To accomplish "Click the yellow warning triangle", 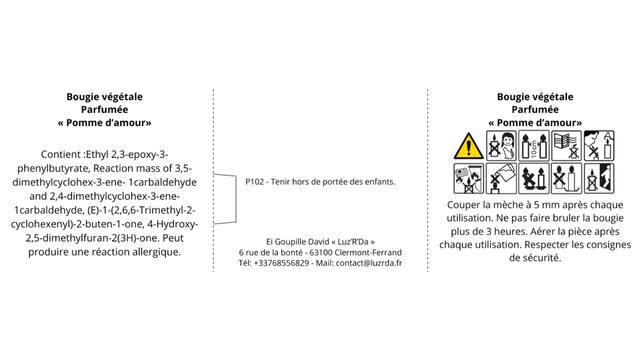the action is coord(469,146).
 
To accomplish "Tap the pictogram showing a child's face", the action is coord(501,146).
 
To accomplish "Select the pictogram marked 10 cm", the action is coord(534,146).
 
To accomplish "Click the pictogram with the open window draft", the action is coord(567,146).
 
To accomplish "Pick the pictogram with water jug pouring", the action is coord(501,178).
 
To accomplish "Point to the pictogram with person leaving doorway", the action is coord(599,178).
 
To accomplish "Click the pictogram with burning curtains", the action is coord(469,178).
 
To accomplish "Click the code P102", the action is coord(255,182).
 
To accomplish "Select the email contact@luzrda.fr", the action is coord(369,263).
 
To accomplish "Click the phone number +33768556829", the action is coord(281,263).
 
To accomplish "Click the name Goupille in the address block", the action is coord(290,242).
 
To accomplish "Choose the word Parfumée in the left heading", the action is coord(104,109).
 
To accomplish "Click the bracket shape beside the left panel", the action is coord(236,199).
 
